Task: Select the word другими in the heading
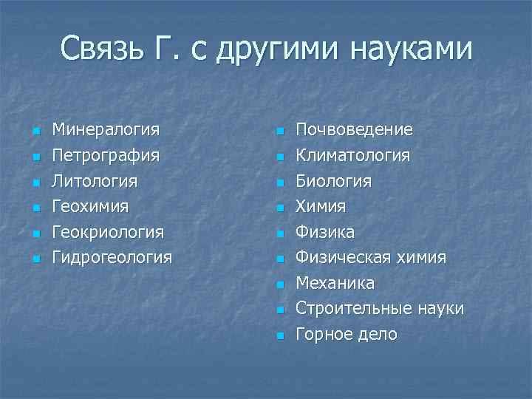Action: pyautogui.click(x=276, y=50)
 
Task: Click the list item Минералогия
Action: pyautogui.click(x=106, y=130)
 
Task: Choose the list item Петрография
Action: pyautogui.click(x=106, y=156)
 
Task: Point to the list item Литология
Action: pyautogui.click(x=95, y=181)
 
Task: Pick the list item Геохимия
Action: pyautogui.click(x=90, y=206)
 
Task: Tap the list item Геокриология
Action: pyautogui.click(x=108, y=232)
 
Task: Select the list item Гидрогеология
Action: pyautogui.click(x=112, y=258)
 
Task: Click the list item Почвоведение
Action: pyautogui.click(x=354, y=130)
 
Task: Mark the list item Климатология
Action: pyautogui.click(x=352, y=156)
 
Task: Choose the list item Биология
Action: pyautogui.click(x=333, y=181)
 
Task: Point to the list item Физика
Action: pyautogui.click(x=325, y=232)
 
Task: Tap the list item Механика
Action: pyautogui.click(x=335, y=283)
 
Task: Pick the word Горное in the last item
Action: pyautogui.click(x=323, y=335)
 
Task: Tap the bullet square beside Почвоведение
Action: pyautogui.click(x=279, y=132)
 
